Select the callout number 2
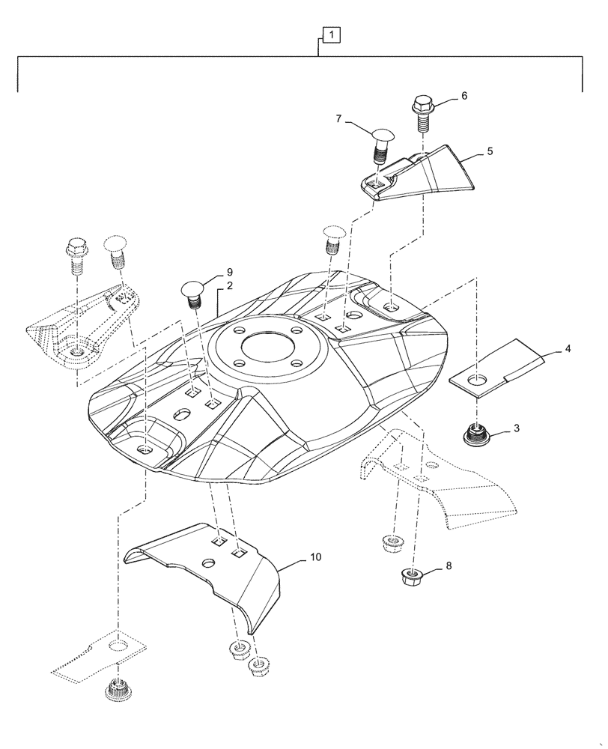229,286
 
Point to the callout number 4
568,348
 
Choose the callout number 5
490,151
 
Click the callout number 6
463,96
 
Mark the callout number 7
339,119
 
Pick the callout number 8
449,567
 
